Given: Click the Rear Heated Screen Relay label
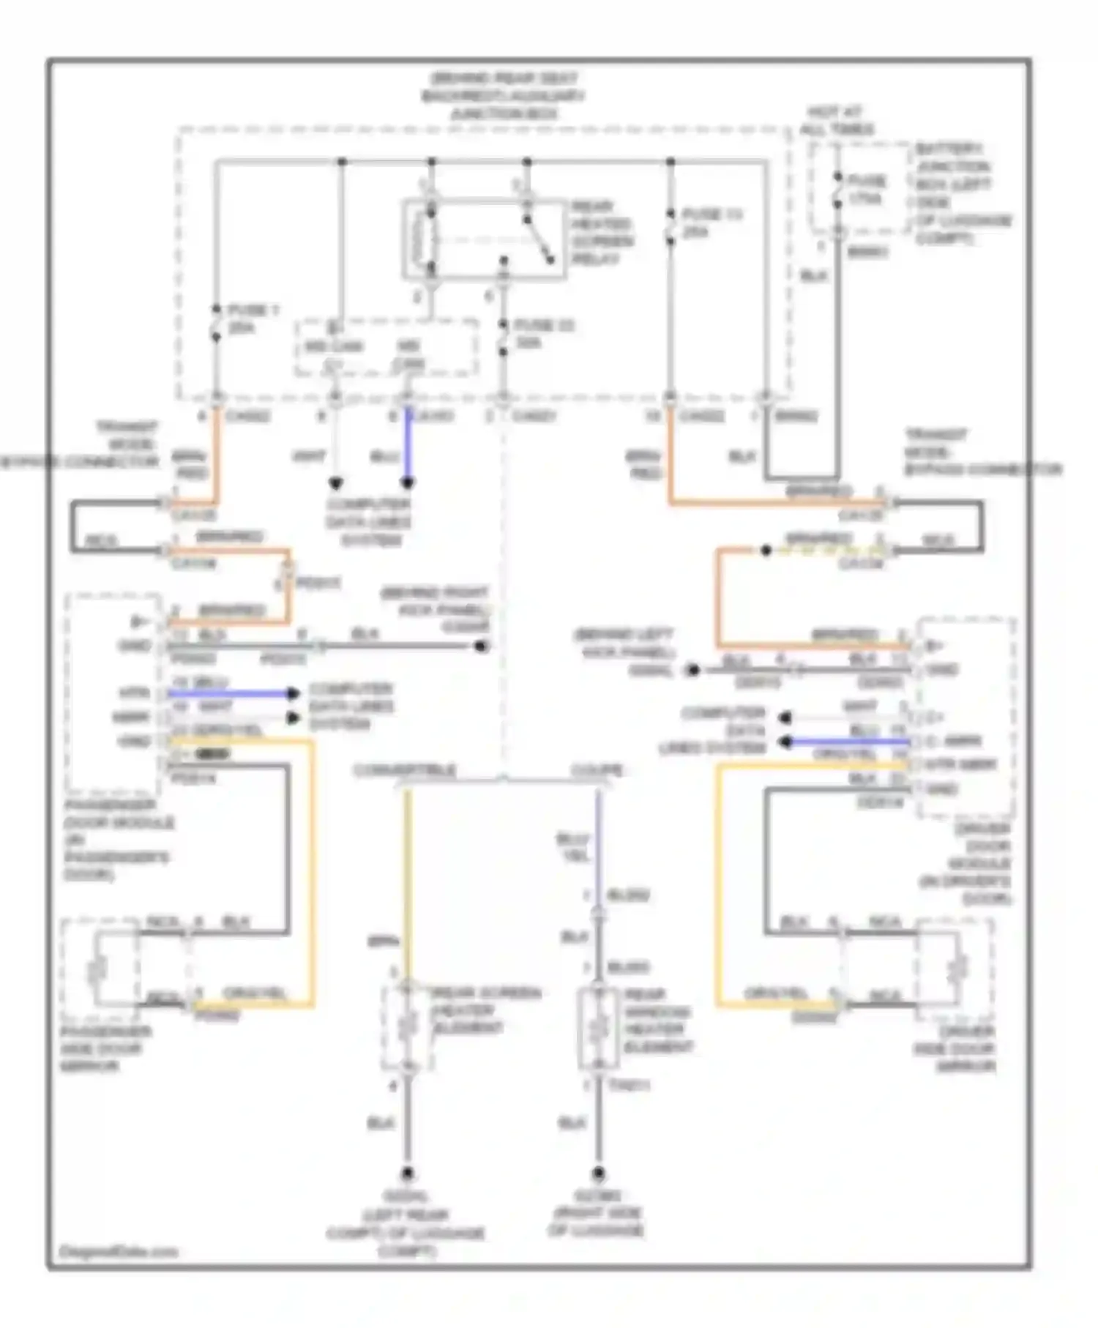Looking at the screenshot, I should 602,233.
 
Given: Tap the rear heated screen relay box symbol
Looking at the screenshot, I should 485,239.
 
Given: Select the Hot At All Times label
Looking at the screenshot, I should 836,121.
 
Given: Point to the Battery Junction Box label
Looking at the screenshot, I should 962,193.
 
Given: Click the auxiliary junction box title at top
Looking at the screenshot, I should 503,96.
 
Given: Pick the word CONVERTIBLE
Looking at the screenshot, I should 404,770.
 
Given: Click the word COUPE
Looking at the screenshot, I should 597,770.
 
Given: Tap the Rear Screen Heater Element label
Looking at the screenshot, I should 486,1010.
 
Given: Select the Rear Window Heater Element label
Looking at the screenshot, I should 657,1021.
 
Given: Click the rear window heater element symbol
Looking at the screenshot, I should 599,1029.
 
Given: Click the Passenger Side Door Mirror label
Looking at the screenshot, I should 105,1048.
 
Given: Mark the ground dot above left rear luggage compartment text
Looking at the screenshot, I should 407,1174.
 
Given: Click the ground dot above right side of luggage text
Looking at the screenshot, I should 599,1174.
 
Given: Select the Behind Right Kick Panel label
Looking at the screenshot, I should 435,609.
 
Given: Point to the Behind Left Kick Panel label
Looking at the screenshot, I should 626,652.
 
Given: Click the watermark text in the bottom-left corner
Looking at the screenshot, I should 118,1251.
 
